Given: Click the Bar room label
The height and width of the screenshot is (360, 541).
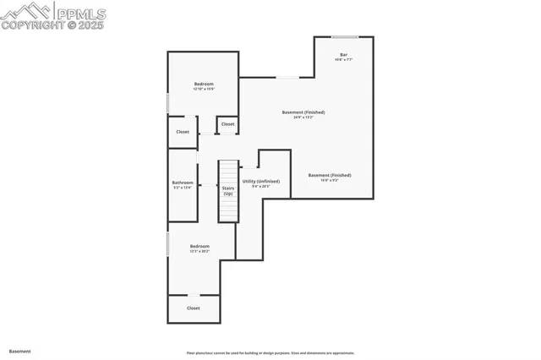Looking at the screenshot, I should [343, 55].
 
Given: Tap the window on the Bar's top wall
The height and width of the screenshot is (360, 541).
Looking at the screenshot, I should [343, 36].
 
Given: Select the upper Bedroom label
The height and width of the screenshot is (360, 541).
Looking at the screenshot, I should [204, 84].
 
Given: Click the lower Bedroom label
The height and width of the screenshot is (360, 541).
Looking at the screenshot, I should [199, 246].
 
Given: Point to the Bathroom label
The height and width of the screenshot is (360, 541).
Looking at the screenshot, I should [183, 183].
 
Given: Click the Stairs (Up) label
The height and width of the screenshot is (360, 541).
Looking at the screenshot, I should [228, 190].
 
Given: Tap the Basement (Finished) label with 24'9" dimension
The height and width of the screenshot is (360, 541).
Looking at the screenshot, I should [303, 112].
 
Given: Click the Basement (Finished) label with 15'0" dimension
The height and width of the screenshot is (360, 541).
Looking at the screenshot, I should [330, 175].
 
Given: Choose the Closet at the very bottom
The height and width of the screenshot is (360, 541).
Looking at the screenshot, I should [194, 308].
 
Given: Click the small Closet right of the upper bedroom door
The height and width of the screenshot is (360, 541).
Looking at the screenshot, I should [227, 124].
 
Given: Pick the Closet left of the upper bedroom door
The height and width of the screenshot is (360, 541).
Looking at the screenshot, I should [183, 132].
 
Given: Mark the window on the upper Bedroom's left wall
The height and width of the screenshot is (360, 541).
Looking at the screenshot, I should [168, 102].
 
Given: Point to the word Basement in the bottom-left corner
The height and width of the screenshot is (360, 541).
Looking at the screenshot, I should [19, 351].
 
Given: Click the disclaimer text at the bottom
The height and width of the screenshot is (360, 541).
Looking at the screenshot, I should [270, 353].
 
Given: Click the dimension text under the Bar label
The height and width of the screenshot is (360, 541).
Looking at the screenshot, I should [343, 60].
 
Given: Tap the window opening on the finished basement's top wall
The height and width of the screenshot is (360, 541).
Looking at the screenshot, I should [287, 78].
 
